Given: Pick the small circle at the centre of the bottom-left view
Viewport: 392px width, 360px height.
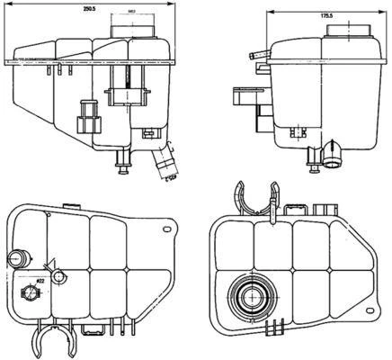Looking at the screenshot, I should click(x=60, y=274).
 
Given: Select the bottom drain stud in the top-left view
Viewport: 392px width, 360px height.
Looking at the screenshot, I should click(x=122, y=164).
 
